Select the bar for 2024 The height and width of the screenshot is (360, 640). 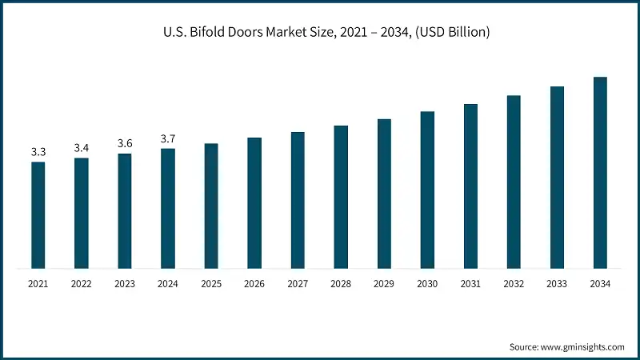pos(168,208)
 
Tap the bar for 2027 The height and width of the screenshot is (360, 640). pos(298,200)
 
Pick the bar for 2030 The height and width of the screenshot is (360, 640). pos(427,190)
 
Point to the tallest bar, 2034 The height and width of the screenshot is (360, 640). pos(600,172)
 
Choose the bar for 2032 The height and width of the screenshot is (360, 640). pos(514,182)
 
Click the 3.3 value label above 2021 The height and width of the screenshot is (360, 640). pos(38,152)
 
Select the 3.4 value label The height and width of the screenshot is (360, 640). pos(82,148)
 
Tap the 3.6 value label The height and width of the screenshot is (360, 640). pos(125,143)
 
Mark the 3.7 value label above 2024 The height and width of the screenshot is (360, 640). pos(168,138)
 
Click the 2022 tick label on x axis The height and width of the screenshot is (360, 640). pos(82,284)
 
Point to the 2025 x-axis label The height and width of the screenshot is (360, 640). pos(211,284)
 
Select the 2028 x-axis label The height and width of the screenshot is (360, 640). pos(341,284)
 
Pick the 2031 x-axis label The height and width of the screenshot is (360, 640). pos(470,284)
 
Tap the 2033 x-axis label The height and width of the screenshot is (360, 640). pos(557,284)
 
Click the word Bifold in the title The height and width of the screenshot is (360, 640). pos(208,33)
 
